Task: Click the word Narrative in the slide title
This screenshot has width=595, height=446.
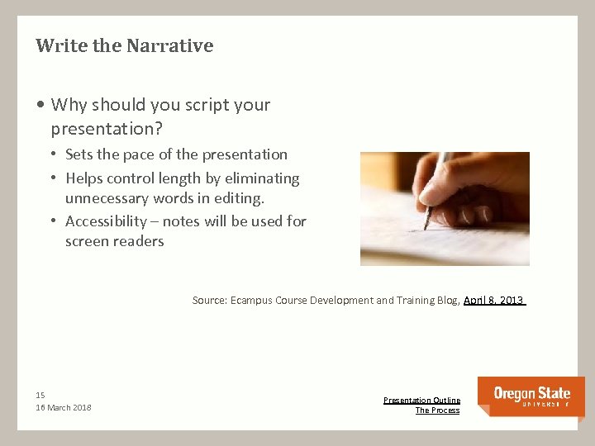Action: tap(169, 45)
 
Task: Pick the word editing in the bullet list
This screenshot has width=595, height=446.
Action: tap(236, 199)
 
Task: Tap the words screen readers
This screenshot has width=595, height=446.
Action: tap(115, 242)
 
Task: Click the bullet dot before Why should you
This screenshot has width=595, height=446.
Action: tap(40, 106)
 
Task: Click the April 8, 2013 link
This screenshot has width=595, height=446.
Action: tap(493, 301)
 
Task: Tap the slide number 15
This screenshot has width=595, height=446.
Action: tap(40, 395)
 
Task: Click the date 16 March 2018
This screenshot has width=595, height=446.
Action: tap(64, 408)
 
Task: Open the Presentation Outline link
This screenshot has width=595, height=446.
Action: tap(421, 400)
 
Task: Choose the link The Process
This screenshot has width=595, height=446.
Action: tap(437, 410)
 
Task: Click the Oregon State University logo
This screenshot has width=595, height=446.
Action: tap(531, 396)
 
